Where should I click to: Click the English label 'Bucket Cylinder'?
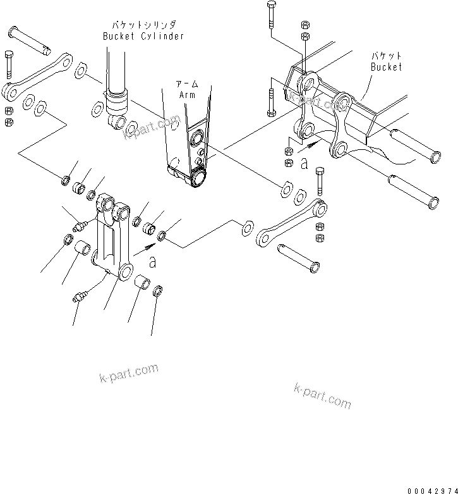pos(143,36)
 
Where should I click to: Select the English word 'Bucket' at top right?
pos(386,67)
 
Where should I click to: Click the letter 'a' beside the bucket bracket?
pos(304,164)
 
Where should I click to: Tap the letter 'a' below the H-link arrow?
pos(151,260)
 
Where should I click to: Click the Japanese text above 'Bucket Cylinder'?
pos(143,25)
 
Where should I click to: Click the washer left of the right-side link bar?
pos(246,226)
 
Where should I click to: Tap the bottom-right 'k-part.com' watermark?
pos(322,395)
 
